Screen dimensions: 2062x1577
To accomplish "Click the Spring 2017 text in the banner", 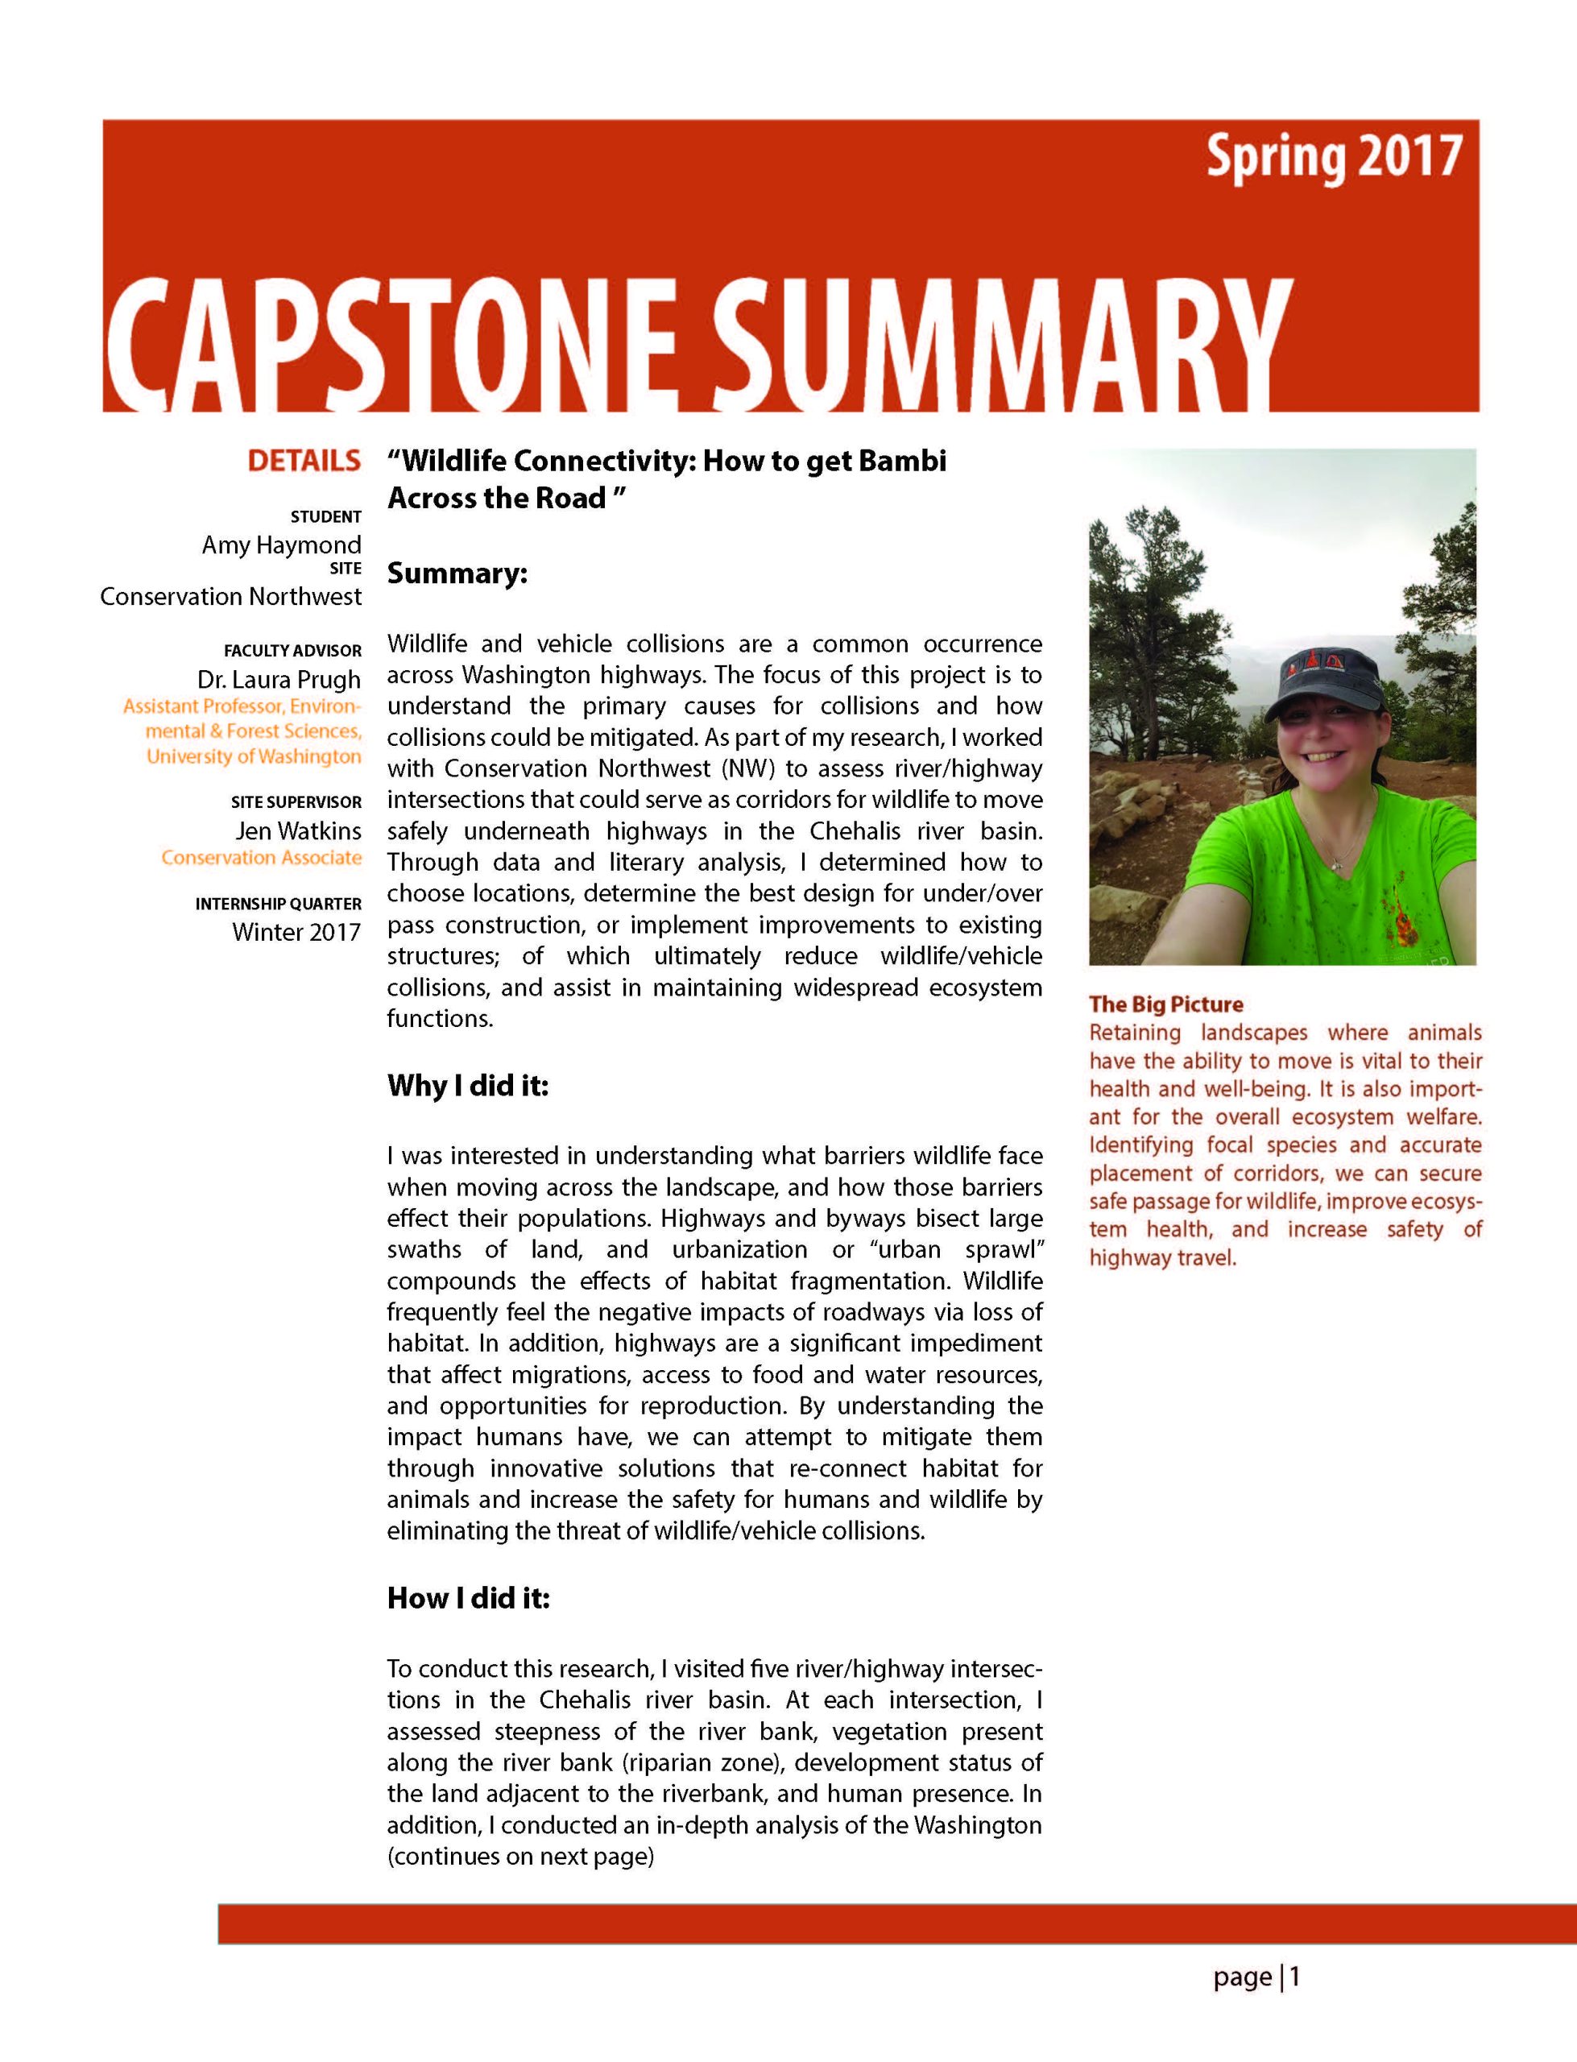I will tap(1333, 158).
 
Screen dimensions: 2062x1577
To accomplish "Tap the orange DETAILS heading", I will tap(303, 461).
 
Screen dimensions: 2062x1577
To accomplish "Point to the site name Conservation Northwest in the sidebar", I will tap(230, 597).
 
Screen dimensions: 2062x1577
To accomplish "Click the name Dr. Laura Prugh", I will tap(278, 680).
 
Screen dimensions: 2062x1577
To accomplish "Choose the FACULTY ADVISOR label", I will tap(292, 651).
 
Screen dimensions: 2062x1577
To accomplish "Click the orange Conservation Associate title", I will tap(261, 858).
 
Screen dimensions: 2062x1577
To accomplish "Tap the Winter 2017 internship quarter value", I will tap(296, 932).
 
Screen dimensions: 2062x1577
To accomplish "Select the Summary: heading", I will tap(457, 573).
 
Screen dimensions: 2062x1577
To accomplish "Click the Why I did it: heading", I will tap(466, 1086).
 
